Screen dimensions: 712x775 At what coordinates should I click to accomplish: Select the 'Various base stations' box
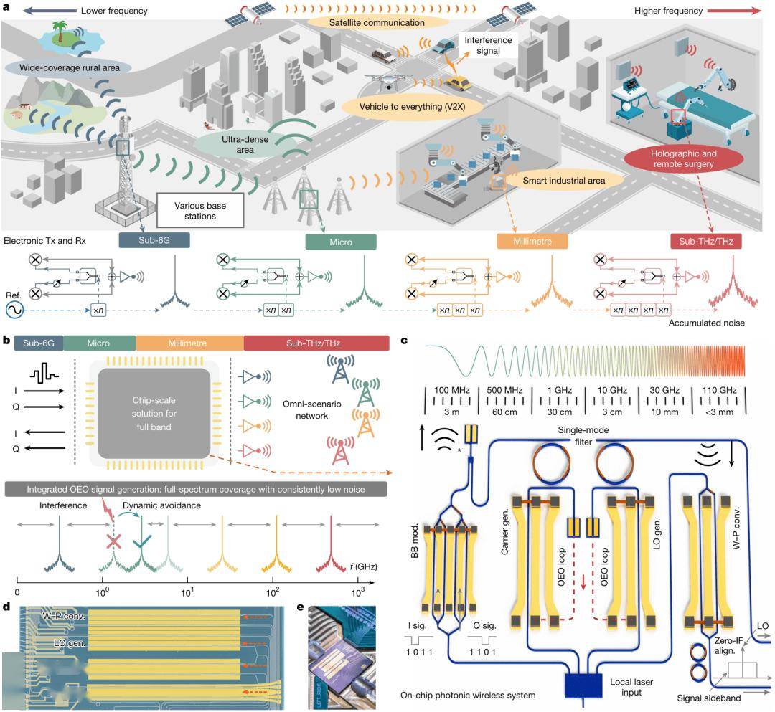point(200,211)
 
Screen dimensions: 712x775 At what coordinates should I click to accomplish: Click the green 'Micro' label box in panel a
point(341,242)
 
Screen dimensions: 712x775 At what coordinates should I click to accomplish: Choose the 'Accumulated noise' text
point(707,323)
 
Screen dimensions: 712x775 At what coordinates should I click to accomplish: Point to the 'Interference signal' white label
point(488,45)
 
